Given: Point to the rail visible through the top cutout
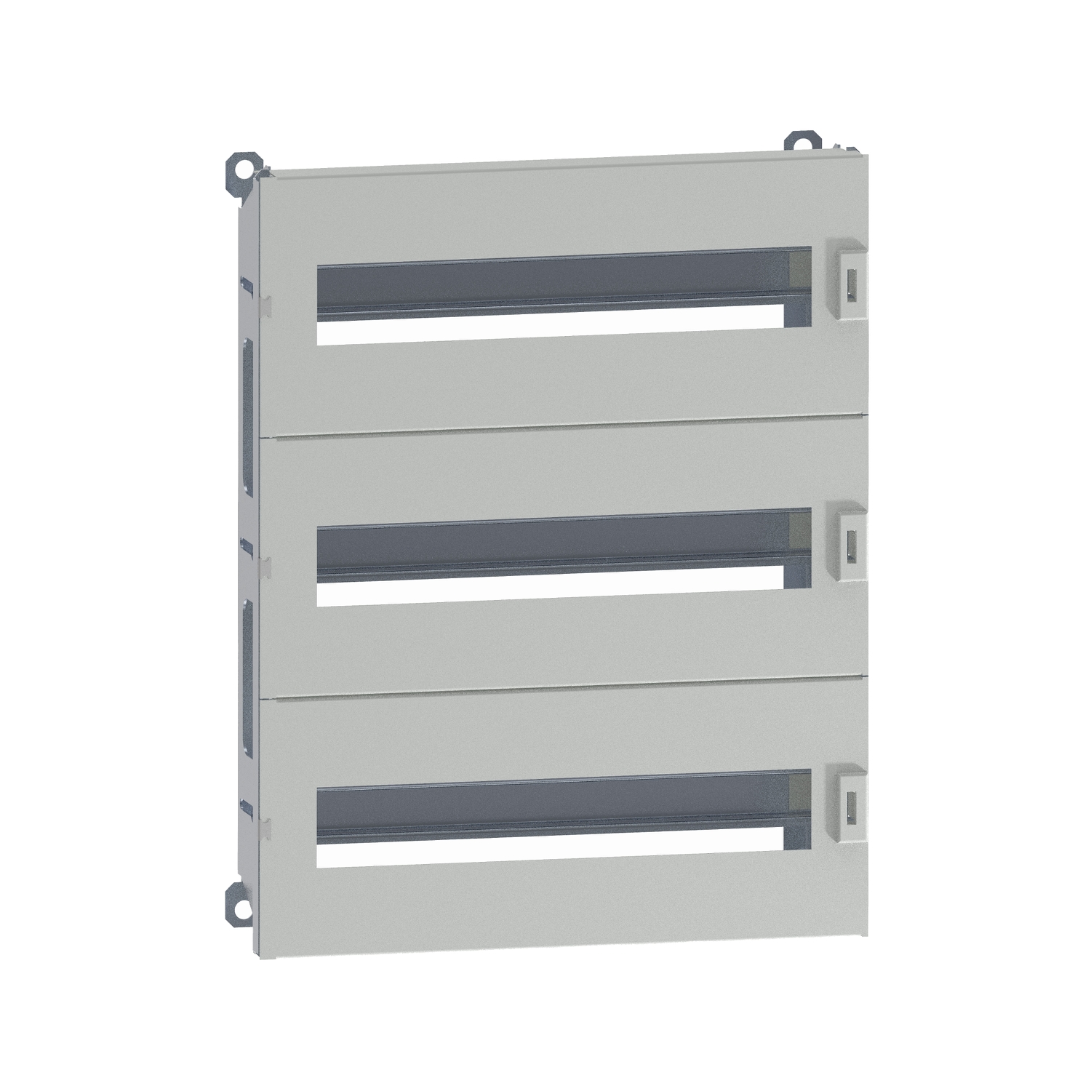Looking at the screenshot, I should [x=553, y=308].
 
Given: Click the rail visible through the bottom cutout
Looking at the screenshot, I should [x=553, y=830].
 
